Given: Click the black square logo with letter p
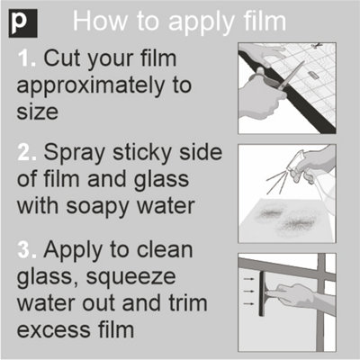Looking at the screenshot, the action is click(23, 23).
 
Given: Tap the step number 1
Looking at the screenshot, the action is click(27, 58).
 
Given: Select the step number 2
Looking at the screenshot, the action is click(27, 152).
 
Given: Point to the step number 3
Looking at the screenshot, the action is click(27, 250).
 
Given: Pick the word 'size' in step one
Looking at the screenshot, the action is click(37, 112).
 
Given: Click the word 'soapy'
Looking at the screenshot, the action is click(98, 208).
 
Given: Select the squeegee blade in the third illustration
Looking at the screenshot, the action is click(261, 293).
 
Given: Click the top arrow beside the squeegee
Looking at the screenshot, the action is click(248, 279).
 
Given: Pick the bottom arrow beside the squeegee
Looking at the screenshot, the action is click(248, 304).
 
